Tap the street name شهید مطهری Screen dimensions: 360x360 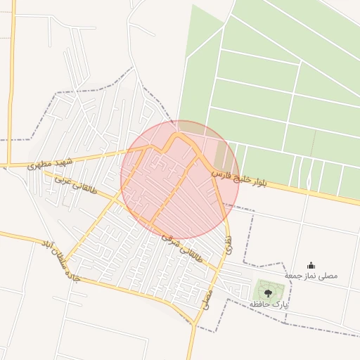coord(51,164)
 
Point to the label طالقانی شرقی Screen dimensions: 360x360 coord(181,248)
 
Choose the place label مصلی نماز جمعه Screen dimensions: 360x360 coord(311,276)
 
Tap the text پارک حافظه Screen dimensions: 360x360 coord(269,304)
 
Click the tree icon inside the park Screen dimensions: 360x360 coord(266,292)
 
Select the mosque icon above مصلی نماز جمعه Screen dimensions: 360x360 coord(311,265)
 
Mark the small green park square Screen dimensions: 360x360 coord(266,290)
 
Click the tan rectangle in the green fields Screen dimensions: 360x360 coord(222,155)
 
